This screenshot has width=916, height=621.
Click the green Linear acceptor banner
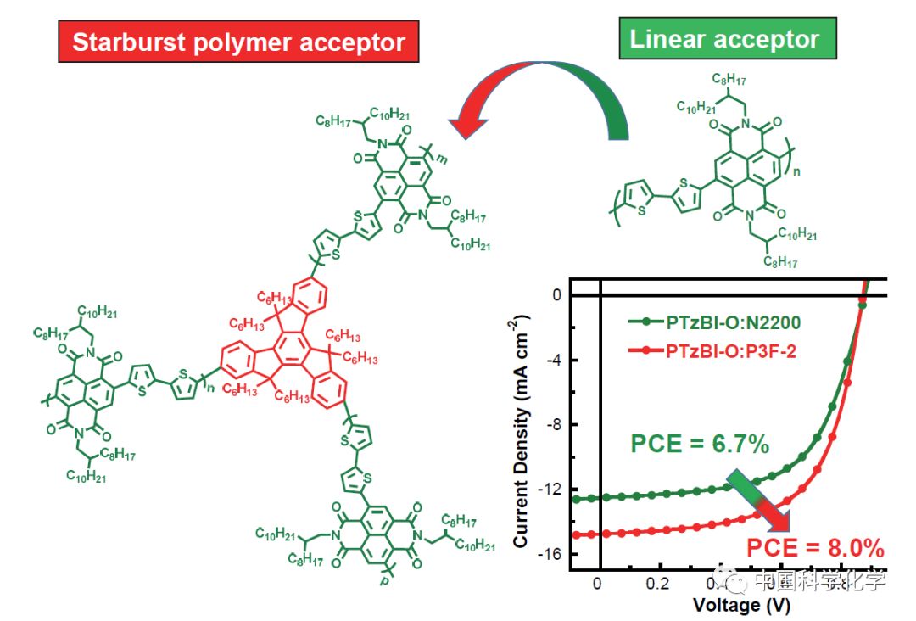tap(727, 39)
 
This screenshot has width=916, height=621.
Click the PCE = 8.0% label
tap(815, 547)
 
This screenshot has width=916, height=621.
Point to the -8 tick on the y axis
tap(553, 425)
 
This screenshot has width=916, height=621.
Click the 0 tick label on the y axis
tap(557, 295)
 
